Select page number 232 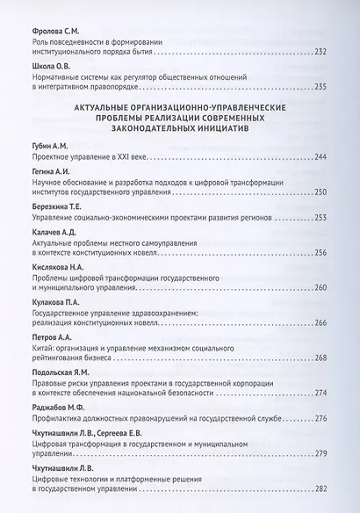[320, 51]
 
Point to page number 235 [320, 86]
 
